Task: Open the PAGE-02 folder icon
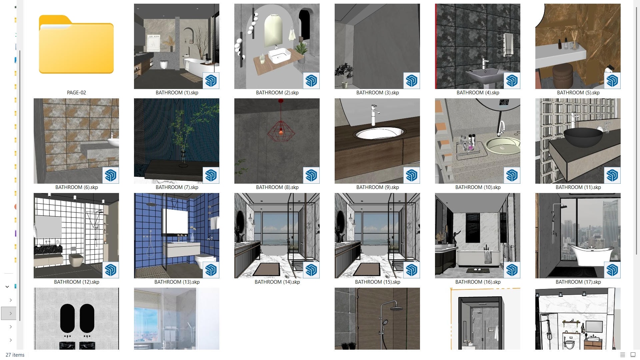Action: coord(76,44)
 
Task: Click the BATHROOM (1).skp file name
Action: coord(177,93)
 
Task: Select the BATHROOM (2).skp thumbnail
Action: coord(277,46)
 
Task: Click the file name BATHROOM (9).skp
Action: coord(377,187)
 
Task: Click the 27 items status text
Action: coord(15,355)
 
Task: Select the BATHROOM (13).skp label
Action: coord(177,282)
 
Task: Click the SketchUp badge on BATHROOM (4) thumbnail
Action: coord(512,81)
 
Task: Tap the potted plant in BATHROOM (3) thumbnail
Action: coord(343,75)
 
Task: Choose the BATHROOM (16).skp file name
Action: coord(478,282)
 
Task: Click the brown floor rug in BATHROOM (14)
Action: coord(266,269)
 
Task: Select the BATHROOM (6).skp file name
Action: coord(76,187)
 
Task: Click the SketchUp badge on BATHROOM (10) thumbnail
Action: coord(512,175)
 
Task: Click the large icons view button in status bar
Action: coord(632,355)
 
